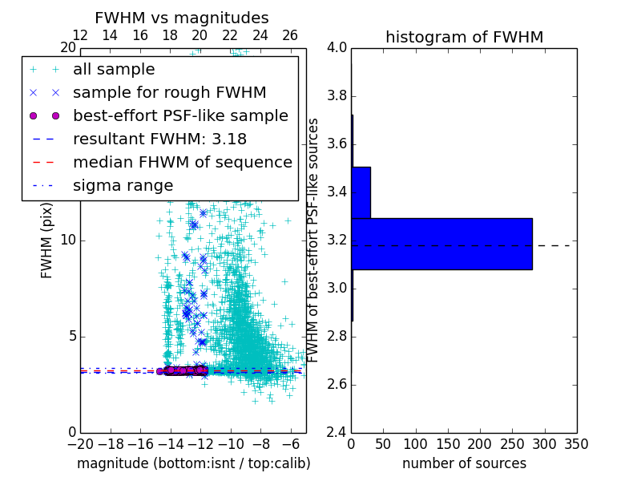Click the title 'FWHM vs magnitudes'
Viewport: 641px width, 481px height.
point(181,18)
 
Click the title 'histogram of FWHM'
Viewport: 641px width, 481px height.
point(464,37)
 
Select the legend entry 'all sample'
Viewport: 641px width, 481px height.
point(114,70)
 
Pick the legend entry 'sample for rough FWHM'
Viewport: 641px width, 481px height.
point(169,92)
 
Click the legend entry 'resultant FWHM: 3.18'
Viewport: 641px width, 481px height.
point(159,139)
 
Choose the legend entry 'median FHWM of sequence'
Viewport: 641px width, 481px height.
point(182,162)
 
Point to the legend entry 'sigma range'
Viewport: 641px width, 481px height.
point(123,185)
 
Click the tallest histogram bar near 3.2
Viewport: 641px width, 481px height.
point(441,244)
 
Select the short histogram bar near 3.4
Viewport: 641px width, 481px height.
point(361,192)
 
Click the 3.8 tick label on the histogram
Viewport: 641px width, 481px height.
point(337,96)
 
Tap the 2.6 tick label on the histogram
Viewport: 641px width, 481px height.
point(337,385)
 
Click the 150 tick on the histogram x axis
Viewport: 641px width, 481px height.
point(447,444)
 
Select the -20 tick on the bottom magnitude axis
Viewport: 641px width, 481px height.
point(80,444)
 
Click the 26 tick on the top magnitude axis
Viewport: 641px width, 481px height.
point(290,35)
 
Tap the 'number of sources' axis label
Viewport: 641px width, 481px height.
point(464,463)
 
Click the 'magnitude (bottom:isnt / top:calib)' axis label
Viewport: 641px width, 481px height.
point(193,463)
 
